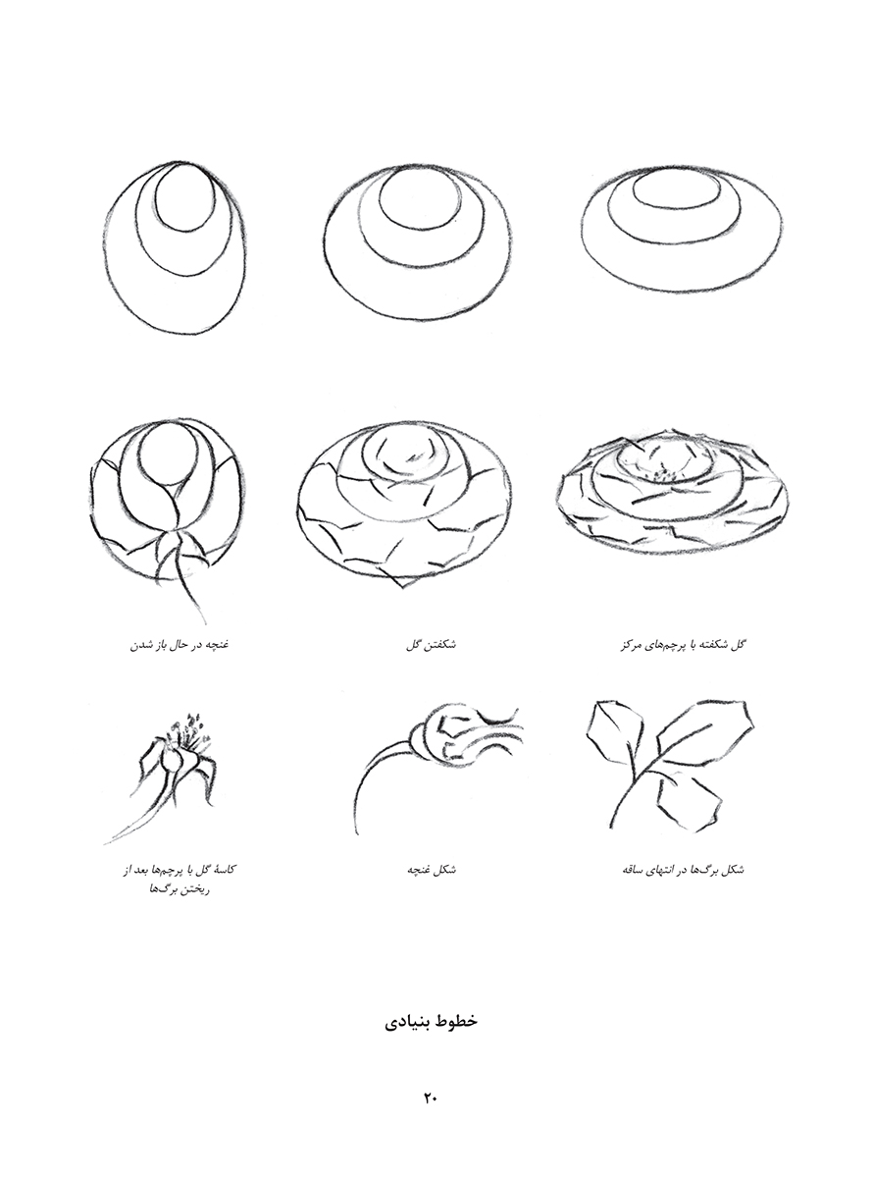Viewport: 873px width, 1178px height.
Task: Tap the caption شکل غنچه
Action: (x=432, y=870)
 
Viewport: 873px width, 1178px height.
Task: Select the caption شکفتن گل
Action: (x=431, y=644)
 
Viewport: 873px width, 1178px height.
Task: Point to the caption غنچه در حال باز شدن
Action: (x=180, y=644)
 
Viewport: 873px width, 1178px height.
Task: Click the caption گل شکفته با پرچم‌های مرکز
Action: (x=683, y=644)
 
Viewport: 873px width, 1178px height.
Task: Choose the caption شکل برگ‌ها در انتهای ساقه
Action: (x=683, y=870)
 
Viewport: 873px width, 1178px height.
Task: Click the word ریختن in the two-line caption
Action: (x=194, y=890)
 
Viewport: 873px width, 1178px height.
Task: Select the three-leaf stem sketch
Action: (x=671, y=766)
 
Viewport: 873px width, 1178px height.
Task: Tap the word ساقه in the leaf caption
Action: (x=634, y=870)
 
